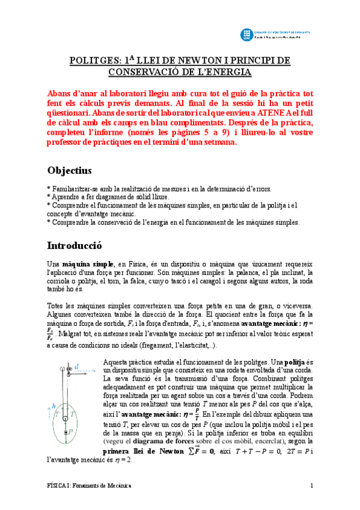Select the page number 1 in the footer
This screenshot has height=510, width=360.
[312, 486]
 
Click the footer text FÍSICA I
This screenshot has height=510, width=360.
[59, 486]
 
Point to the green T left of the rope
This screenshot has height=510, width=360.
[56, 414]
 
